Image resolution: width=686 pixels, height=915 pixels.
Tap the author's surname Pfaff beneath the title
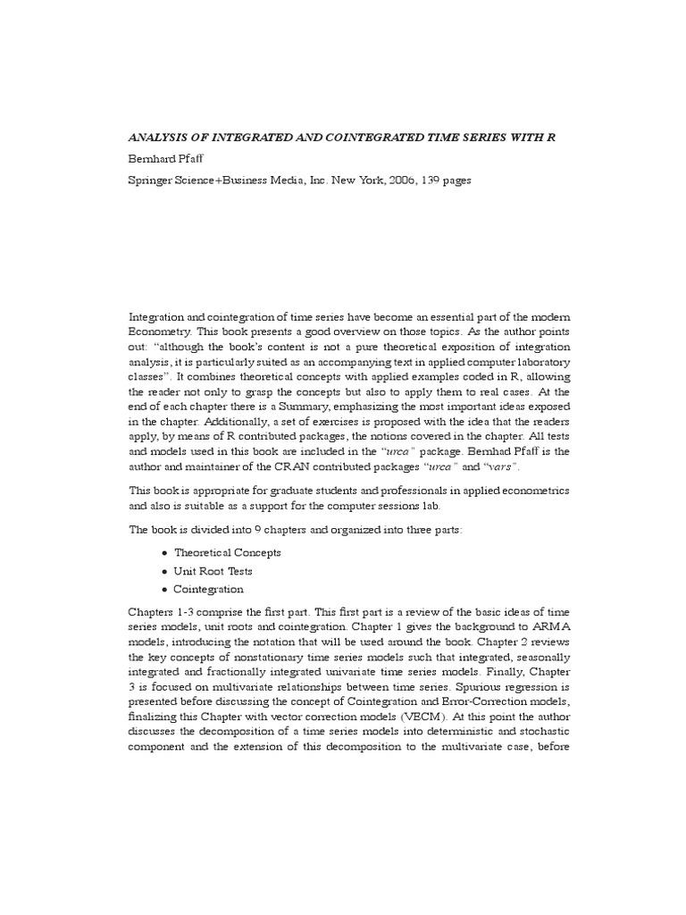pos(197,159)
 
